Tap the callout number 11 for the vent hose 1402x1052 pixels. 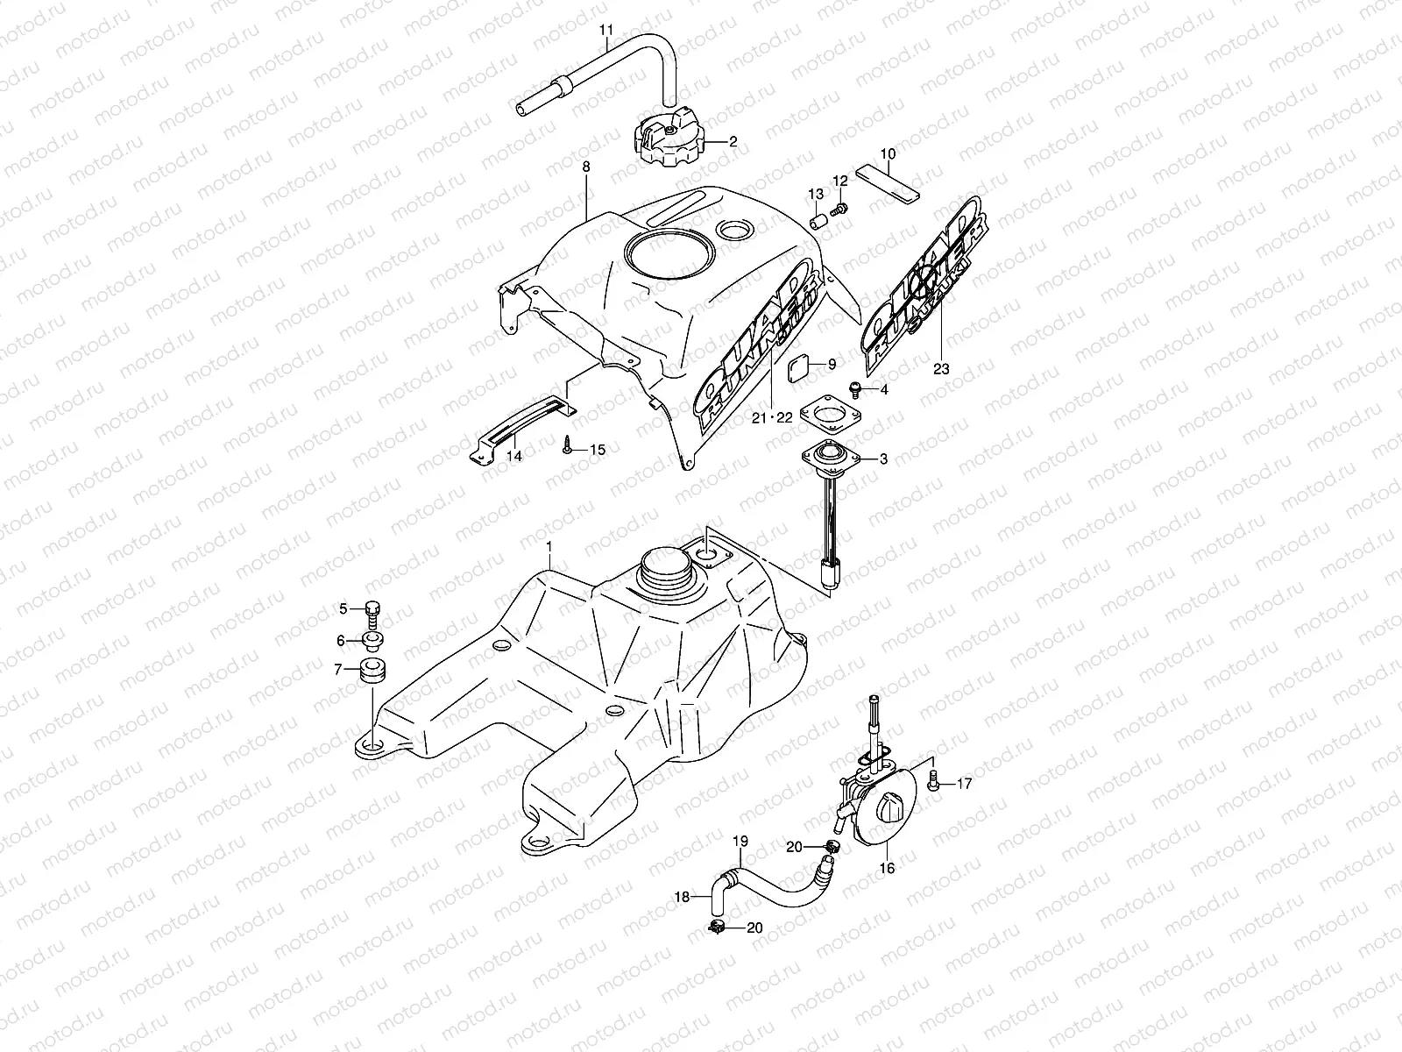[x=606, y=30]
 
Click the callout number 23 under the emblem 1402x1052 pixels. [x=940, y=369]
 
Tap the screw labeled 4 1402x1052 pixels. [x=856, y=387]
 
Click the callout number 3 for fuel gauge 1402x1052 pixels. [x=883, y=458]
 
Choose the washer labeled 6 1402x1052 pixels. [x=374, y=643]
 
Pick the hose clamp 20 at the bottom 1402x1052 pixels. [x=716, y=927]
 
